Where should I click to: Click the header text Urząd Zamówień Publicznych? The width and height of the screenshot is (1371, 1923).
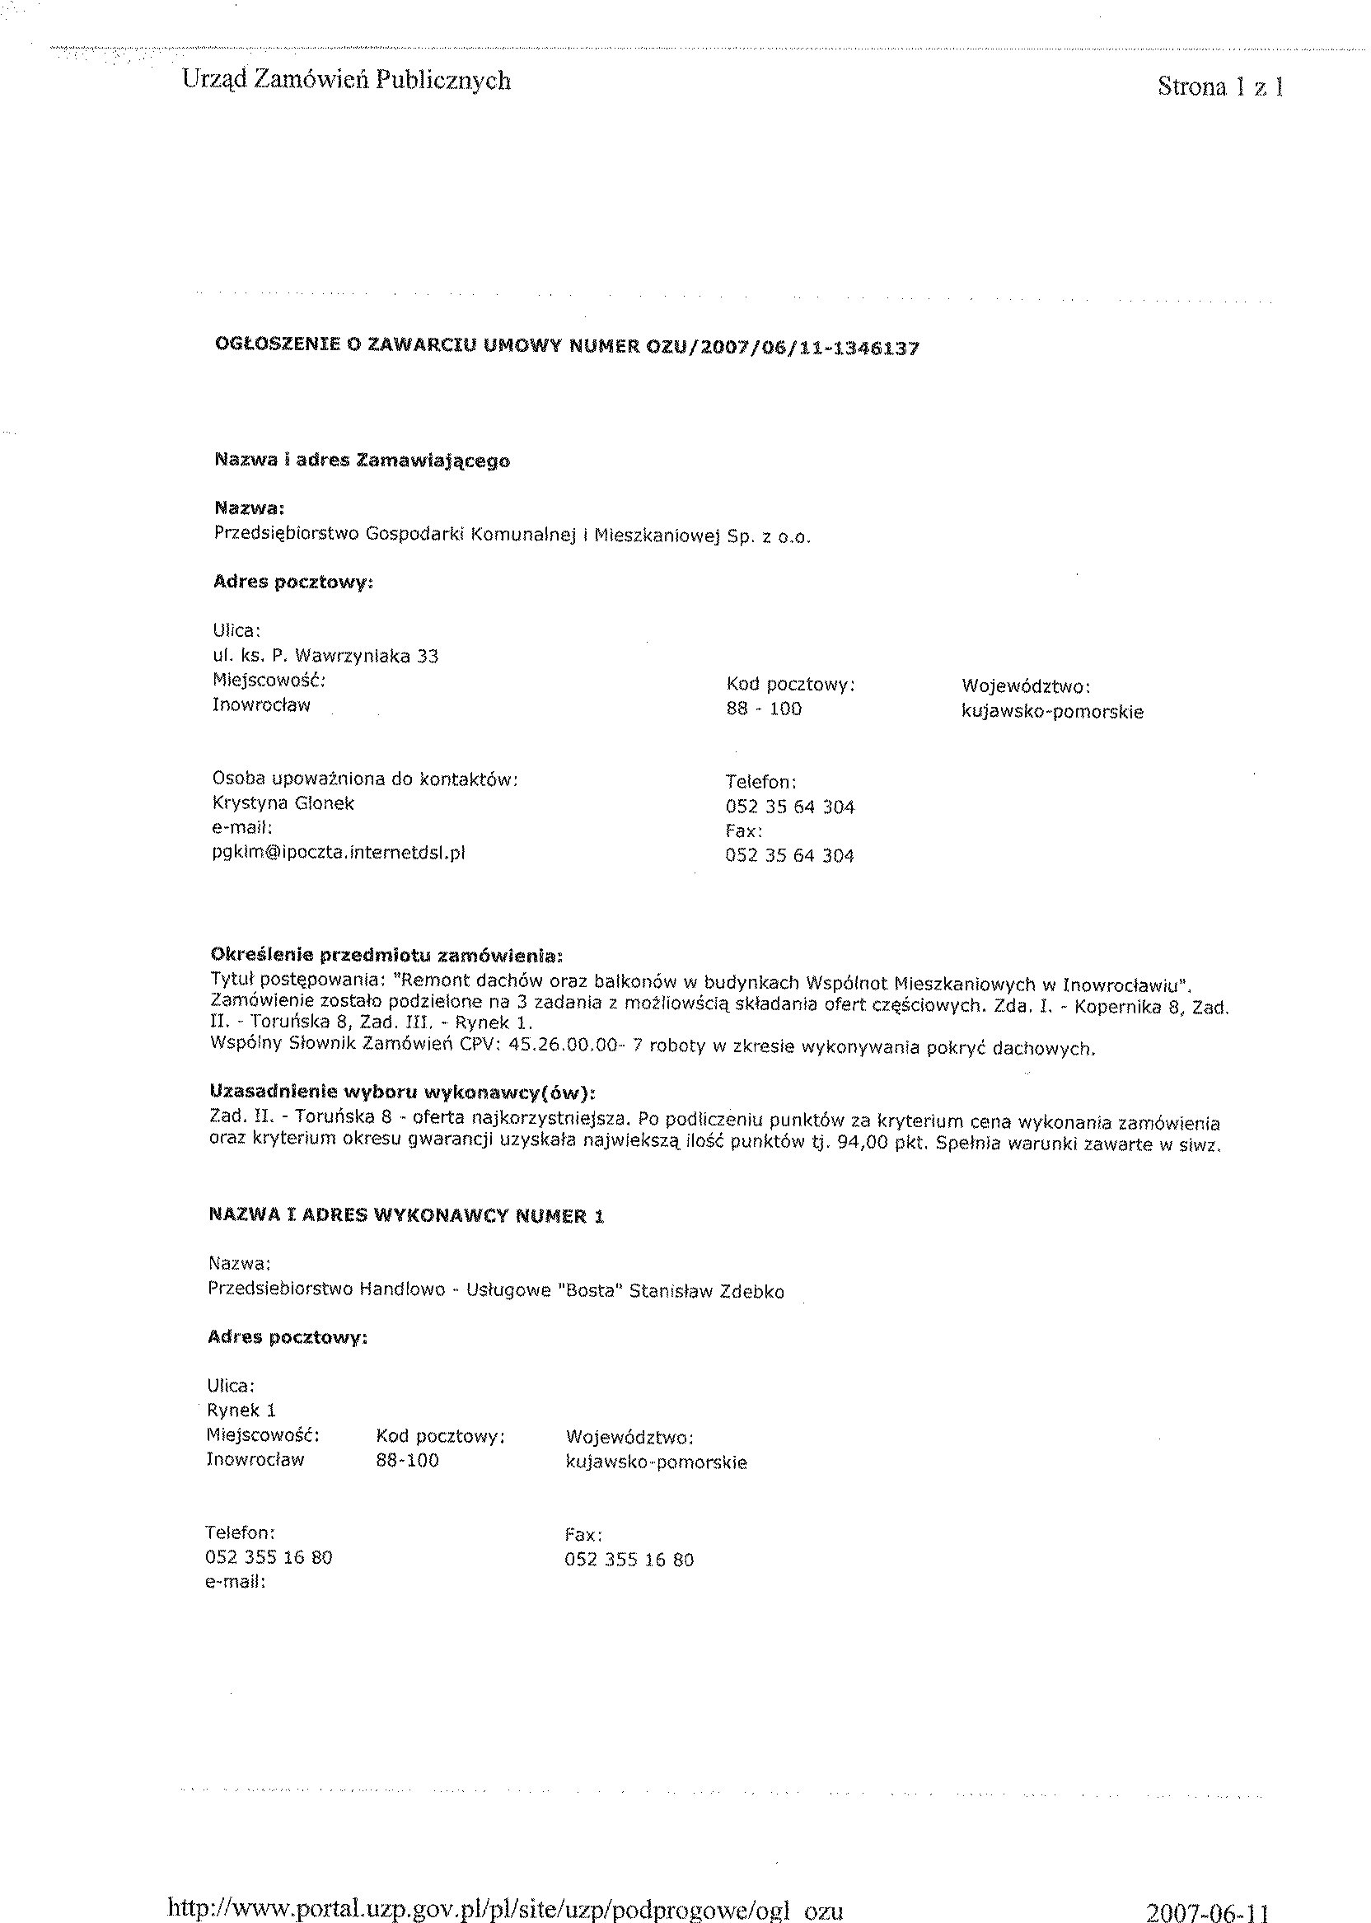tap(346, 81)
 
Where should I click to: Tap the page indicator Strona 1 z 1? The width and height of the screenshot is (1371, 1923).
tap(1220, 87)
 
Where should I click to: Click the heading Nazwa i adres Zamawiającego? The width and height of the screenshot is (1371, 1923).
tap(363, 461)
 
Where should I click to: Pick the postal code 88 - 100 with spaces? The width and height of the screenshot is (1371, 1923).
tap(763, 709)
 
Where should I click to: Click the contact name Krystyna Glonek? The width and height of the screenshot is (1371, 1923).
tap(283, 803)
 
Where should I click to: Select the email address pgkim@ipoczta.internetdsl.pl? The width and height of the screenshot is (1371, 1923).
tap(339, 853)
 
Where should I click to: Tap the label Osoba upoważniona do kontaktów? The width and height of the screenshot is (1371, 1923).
tap(365, 779)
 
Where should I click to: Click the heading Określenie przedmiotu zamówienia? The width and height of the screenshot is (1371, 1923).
tap(386, 956)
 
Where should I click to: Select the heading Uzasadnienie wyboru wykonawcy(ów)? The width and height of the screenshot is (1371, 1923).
tap(403, 1093)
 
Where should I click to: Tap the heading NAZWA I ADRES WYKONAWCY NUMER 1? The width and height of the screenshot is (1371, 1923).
tap(406, 1215)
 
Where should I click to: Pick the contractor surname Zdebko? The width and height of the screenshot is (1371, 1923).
tap(751, 1292)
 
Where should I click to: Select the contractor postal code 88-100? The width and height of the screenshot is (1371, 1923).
tap(407, 1461)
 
